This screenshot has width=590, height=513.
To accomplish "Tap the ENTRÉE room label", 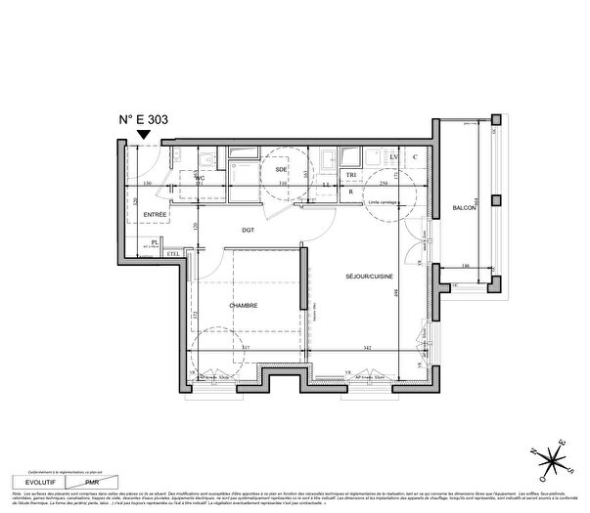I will click(156, 213).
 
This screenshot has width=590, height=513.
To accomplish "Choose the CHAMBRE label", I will click(244, 306).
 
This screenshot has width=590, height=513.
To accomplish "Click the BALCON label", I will click(465, 207).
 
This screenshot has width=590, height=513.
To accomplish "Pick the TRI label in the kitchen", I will click(351, 176).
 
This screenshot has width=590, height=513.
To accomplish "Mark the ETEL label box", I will click(173, 254).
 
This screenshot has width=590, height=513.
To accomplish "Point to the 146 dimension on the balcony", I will click(466, 266).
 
